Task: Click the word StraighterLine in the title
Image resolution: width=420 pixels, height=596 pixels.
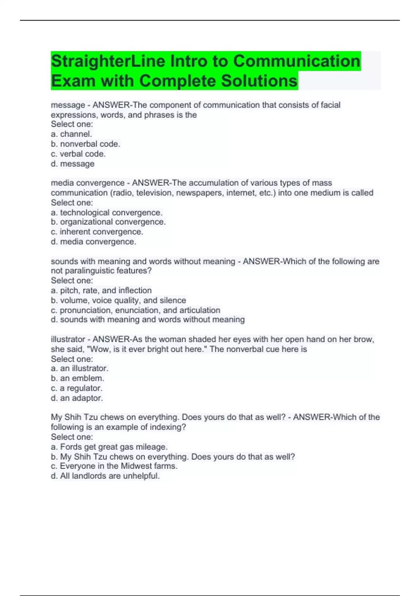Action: click(x=108, y=61)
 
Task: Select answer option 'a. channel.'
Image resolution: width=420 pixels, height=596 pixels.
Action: click(x=71, y=134)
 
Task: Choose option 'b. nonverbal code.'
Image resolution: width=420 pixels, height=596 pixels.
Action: click(x=85, y=144)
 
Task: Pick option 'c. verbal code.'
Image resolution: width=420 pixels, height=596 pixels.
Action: click(x=78, y=154)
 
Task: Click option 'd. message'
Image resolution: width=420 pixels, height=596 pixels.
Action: click(x=72, y=164)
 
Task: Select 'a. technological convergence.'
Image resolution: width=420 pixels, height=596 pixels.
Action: click(x=106, y=212)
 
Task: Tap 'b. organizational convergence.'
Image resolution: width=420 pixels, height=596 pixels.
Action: click(x=108, y=222)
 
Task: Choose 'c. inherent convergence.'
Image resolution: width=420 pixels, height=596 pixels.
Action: click(x=97, y=232)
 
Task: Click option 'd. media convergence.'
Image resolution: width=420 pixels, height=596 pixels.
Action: click(x=93, y=242)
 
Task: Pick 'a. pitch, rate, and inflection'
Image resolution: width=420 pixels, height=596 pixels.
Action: click(x=101, y=290)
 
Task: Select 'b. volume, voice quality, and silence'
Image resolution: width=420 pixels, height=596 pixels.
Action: click(x=118, y=300)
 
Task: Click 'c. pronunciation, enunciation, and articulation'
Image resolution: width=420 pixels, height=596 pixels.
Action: click(x=135, y=310)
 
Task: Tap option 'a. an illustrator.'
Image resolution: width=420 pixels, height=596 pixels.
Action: click(x=79, y=368)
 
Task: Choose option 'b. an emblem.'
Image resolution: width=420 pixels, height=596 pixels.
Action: click(x=77, y=378)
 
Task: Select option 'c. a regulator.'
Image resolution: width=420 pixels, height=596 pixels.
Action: click(x=76, y=388)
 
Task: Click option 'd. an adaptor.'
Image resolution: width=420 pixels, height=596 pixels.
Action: click(x=77, y=398)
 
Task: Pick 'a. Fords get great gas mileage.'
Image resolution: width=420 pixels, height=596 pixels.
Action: click(x=109, y=447)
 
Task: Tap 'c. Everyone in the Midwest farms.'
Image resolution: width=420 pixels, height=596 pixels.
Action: click(x=114, y=466)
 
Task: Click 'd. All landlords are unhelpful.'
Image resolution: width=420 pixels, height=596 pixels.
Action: click(x=105, y=476)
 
